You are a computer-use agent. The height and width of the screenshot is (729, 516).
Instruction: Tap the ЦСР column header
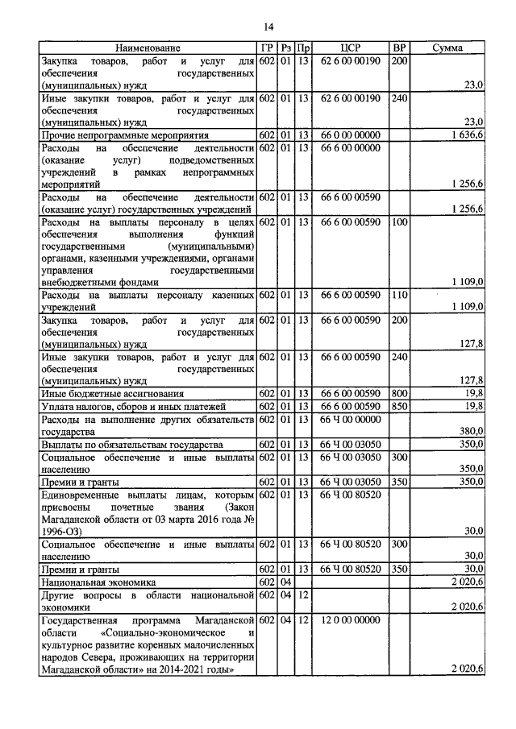pyautogui.click(x=349, y=48)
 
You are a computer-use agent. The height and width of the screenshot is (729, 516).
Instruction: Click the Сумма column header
pyautogui.click(x=447, y=48)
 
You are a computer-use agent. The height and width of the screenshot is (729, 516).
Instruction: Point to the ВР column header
pyautogui.click(x=397, y=48)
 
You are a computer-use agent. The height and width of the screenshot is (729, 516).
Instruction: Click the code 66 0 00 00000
pyautogui.click(x=349, y=135)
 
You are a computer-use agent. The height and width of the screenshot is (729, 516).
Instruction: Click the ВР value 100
pyautogui.click(x=399, y=221)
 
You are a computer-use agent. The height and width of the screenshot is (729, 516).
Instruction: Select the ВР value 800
pyautogui.click(x=399, y=393)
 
